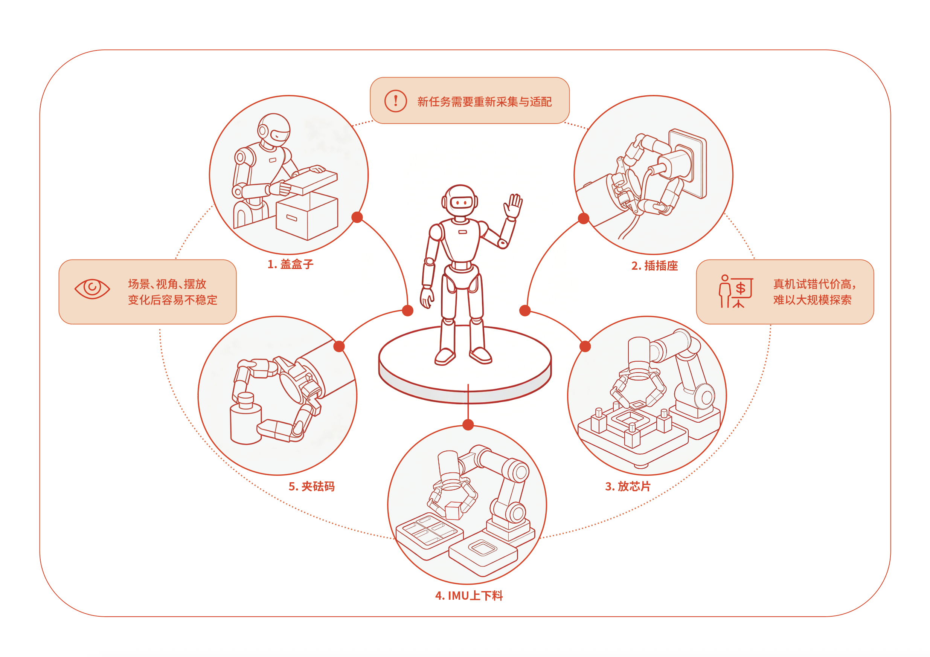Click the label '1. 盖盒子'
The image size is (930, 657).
290,264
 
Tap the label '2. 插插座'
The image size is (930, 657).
654,266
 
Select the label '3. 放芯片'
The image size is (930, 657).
628,486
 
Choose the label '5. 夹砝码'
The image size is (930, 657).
311,486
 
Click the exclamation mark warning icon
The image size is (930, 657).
395,101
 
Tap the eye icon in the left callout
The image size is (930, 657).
92,289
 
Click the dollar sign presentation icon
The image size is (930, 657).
736,292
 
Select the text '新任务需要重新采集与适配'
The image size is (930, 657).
485,102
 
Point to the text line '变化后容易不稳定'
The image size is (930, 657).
172,300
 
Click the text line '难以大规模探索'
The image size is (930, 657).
812,300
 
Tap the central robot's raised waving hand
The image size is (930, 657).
513,206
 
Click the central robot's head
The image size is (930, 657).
460,202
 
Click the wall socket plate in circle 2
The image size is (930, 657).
688,163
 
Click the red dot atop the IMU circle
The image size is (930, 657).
468,425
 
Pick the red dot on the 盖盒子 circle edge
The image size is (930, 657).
357,217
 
